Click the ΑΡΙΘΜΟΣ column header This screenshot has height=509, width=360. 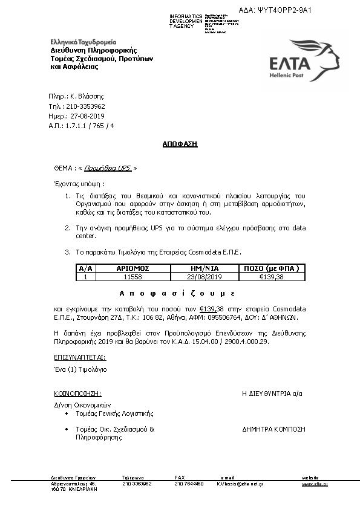click(x=132, y=267)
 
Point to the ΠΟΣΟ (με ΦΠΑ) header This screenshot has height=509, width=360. click(x=271, y=267)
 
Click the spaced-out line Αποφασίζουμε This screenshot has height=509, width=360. click(x=176, y=293)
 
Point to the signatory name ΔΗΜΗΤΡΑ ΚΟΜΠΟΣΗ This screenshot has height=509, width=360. click(x=273, y=429)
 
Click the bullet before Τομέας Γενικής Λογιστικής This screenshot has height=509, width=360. click(x=67, y=414)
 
